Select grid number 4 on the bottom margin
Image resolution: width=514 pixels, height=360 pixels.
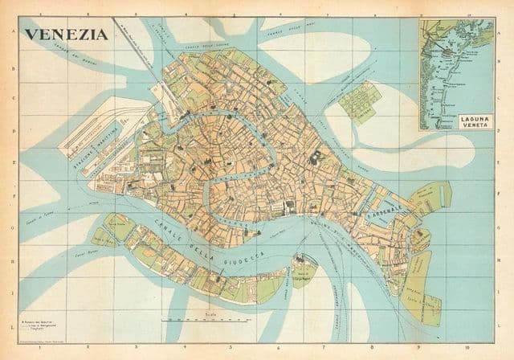182,350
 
